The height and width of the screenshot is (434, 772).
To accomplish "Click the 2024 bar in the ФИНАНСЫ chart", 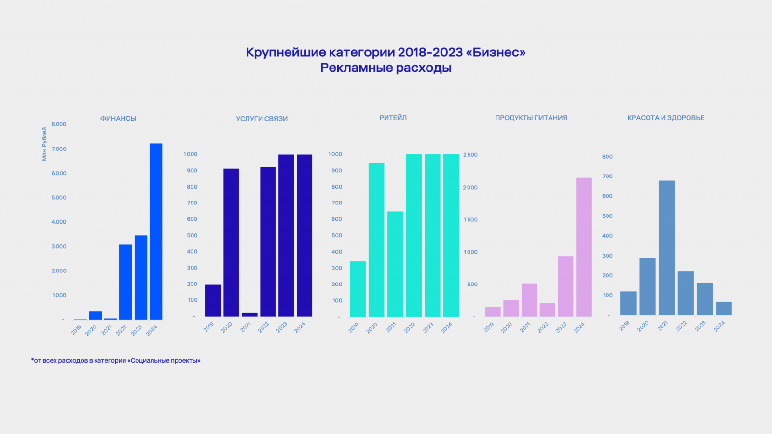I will click(x=156, y=231).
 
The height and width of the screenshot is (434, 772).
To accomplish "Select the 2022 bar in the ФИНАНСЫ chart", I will click(x=125, y=282).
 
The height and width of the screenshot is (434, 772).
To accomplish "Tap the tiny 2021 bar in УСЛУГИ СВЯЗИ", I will click(x=249, y=314).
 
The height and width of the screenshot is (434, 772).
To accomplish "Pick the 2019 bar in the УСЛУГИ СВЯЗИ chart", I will click(x=213, y=300).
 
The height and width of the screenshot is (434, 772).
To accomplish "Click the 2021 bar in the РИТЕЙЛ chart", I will click(x=395, y=264).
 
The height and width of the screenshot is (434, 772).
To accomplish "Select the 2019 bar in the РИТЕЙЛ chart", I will click(x=358, y=289).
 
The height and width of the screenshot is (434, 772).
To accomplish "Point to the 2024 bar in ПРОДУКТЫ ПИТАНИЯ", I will click(x=584, y=247).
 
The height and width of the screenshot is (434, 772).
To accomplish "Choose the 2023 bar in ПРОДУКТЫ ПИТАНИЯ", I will click(x=565, y=286).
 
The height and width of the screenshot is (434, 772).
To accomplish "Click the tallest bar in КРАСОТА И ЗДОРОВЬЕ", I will click(x=666, y=248).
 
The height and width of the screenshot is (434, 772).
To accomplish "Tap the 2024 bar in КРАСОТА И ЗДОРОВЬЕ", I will click(x=724, y=309).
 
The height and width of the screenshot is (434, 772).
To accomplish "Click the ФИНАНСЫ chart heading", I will click(x=118, y=118).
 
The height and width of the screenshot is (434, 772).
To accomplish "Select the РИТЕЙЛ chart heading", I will click(x=393, y=118).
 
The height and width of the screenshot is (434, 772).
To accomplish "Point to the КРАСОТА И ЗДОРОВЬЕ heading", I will click(x=665, y=118).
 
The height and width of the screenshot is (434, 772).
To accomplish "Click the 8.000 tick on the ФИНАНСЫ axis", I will click(x=59, y=124).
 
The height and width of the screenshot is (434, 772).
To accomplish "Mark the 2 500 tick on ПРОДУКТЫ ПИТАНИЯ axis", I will click(x=470, y=155).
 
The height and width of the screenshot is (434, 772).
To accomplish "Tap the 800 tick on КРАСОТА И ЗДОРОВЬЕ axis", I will click(x=607, y=157).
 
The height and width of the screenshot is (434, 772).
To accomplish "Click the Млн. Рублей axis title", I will click(x=44, y=144).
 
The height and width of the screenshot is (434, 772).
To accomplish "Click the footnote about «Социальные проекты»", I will click(x=116, y=360).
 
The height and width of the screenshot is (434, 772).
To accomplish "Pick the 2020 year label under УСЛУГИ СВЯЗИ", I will click(x=227, y=327).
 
